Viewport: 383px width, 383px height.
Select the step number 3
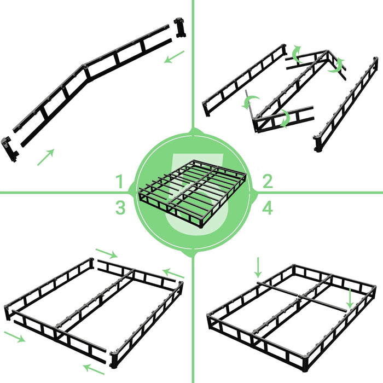[x=120, y=207]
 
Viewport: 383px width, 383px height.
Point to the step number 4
[x=268, y=207]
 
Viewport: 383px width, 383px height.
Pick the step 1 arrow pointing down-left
[x=174, y=56]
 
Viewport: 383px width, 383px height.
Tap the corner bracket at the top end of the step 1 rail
[x=180, y=27]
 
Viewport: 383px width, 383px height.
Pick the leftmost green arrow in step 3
[x=15, y=335]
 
